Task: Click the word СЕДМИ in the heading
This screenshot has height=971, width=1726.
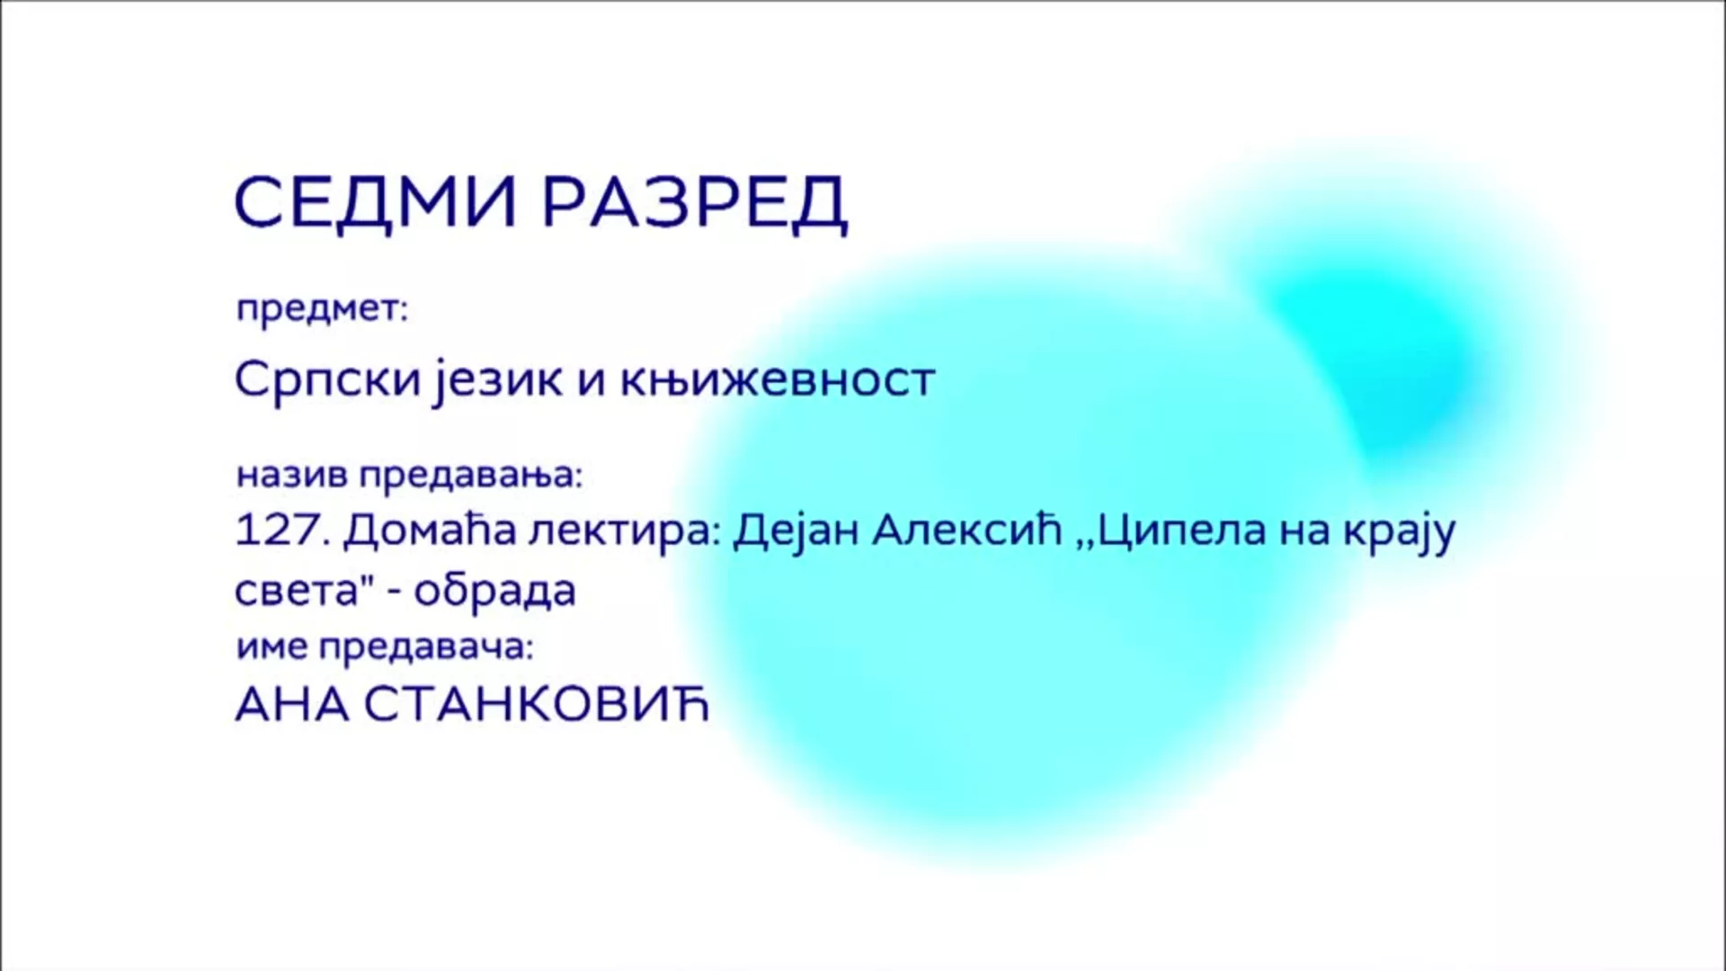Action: [375, 202]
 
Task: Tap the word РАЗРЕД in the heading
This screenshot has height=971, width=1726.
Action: [695, 203]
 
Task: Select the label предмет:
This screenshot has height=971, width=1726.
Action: [322, 310]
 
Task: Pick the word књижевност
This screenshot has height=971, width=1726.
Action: [778, 379]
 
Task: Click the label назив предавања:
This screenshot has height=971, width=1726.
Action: [410, 475]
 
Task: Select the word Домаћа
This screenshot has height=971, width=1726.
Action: [431, 530]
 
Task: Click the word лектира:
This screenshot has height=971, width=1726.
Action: [626, 531]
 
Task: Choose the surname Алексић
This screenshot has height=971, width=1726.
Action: [968, 530]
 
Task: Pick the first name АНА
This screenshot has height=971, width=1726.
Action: [292, 706]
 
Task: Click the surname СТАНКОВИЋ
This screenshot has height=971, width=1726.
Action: [537, 706]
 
